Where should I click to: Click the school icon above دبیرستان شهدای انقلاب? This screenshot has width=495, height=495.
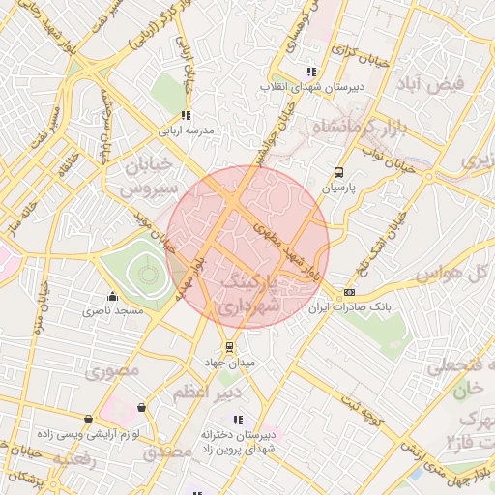click(x=310, y=72)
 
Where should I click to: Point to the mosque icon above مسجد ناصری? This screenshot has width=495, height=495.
click(x=113, y=297)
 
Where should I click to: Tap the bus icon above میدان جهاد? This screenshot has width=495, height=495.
click(x=228, y=347)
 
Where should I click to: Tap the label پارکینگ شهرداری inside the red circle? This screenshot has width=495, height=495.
click(x=248, y=293)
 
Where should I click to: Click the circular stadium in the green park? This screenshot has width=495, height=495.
click(x=148, y=276)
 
